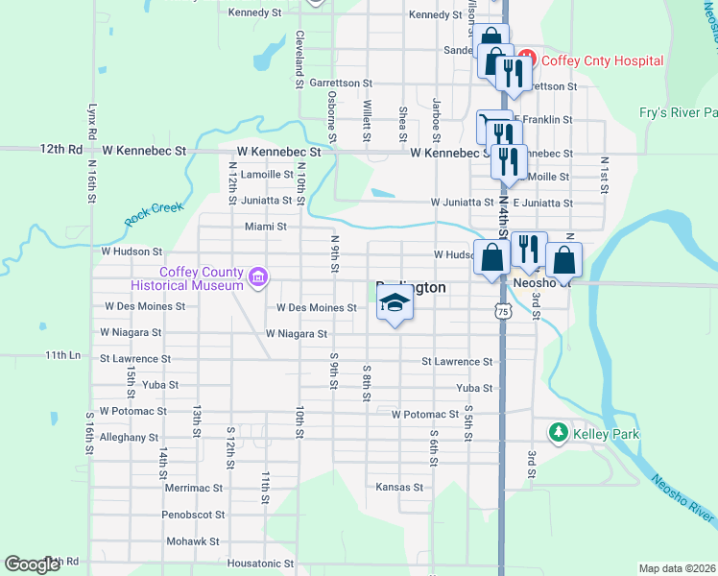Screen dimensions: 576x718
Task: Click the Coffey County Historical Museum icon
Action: click(257, 278)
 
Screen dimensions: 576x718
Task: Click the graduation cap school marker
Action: click(394, 303)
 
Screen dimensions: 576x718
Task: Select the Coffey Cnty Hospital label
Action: click(601, 60)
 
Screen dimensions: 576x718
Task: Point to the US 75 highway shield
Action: click(503, 311)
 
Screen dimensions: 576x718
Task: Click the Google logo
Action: click(32, 564)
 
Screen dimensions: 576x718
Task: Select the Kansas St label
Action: click(399, 487)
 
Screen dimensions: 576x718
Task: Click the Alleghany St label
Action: click(129, 437)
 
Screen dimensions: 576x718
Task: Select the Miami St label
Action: click(266, 227)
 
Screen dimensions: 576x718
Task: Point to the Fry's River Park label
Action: click(678, 112)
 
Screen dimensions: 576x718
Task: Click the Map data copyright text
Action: click(678, 568)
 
